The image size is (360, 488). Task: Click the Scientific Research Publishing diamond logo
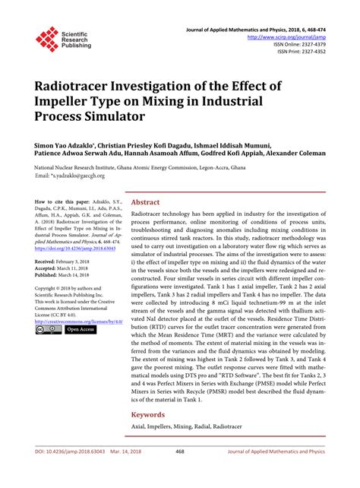coord(47,39)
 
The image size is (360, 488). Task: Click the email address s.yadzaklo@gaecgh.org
coord(81,177)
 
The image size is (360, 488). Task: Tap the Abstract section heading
coord(146,203)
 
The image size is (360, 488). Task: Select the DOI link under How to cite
coord(72,247)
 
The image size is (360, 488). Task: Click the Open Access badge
coord(80,330)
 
